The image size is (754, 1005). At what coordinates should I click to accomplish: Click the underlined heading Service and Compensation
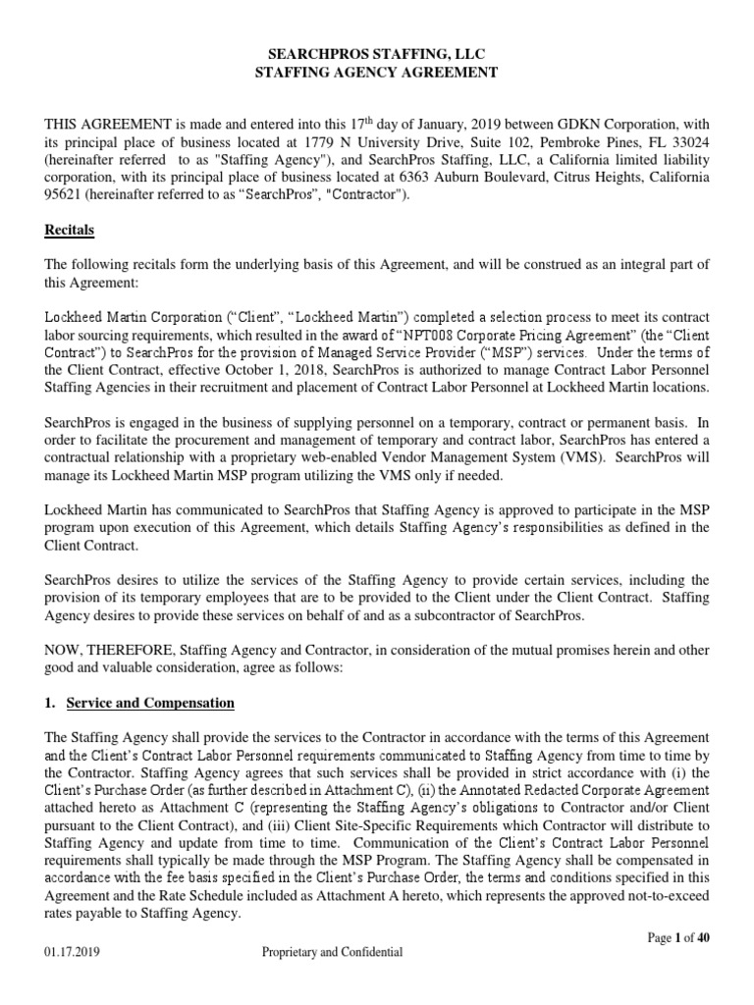point(150,704)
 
